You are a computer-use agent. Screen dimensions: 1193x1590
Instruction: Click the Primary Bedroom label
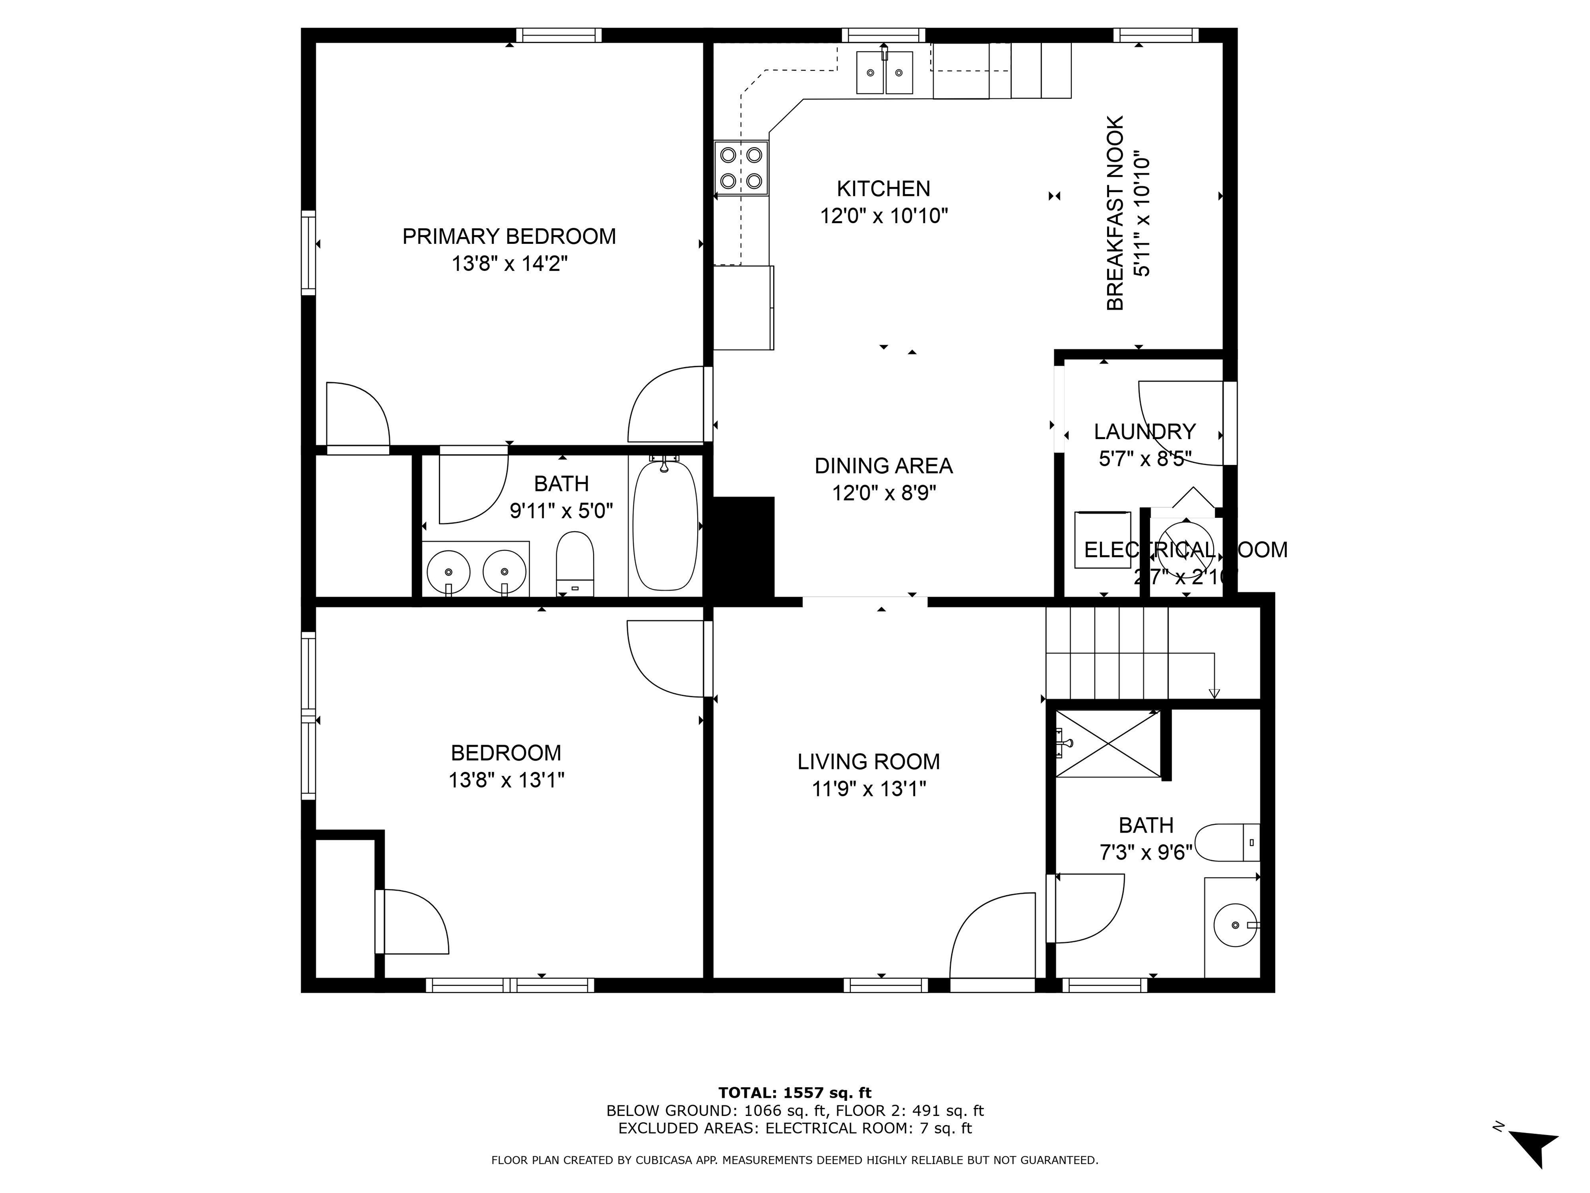508,237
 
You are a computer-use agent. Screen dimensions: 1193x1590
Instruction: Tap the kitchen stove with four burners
741,168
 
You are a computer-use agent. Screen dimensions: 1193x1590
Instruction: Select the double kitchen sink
884,72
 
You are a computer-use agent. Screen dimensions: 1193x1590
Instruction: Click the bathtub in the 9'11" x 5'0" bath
665,526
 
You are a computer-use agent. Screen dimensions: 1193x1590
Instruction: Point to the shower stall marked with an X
1108,744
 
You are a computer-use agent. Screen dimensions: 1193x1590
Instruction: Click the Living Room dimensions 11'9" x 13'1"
868,790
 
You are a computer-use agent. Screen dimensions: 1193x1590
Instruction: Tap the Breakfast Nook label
1115,213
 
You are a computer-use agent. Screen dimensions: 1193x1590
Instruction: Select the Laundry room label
1144,431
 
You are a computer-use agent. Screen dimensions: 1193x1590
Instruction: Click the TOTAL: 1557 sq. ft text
794,1093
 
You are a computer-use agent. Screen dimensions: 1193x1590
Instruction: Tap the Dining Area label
884,466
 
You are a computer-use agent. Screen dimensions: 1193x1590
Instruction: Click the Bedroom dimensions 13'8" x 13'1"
506,780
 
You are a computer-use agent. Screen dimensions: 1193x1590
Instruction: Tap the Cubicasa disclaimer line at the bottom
794,1160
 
